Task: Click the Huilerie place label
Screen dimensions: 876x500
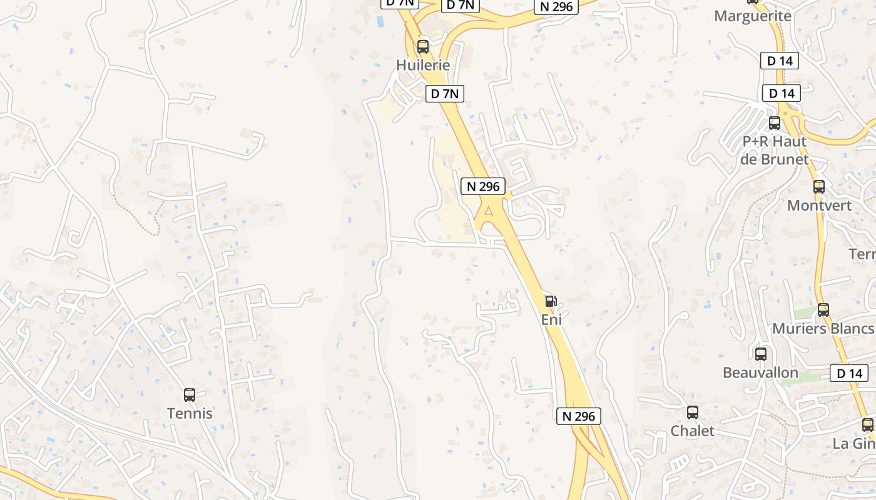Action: click(423, 65)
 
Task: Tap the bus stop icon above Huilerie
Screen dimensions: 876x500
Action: click(423, 46)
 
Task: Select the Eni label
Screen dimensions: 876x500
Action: click(551, 319)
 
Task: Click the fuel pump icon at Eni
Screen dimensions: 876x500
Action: click(551, 301)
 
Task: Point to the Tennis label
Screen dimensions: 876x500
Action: click(190, 413)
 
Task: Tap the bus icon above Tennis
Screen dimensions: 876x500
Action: click(190, 395)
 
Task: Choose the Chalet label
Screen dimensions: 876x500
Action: click(693, 431)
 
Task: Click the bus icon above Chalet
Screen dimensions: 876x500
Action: click(693, 412)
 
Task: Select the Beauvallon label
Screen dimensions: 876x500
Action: click(760, 372)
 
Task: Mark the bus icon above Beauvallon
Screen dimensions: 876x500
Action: click(761, 354)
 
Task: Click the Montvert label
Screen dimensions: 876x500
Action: click(819, 205)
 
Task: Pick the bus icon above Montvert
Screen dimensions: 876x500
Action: click(819, 186)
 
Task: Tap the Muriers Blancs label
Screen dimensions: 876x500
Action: click(822, 328)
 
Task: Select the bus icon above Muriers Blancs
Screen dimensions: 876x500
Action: click(823, 309)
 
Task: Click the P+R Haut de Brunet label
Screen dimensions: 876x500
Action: click(775, 150)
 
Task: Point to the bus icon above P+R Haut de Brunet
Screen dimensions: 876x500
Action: click(775, 123)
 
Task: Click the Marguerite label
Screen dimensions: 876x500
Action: click(753, 16)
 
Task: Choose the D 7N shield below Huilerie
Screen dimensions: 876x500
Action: click(445, 94)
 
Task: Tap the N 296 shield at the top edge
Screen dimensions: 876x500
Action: click(554, 6)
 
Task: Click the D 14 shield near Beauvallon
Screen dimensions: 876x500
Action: click(849, 374)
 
